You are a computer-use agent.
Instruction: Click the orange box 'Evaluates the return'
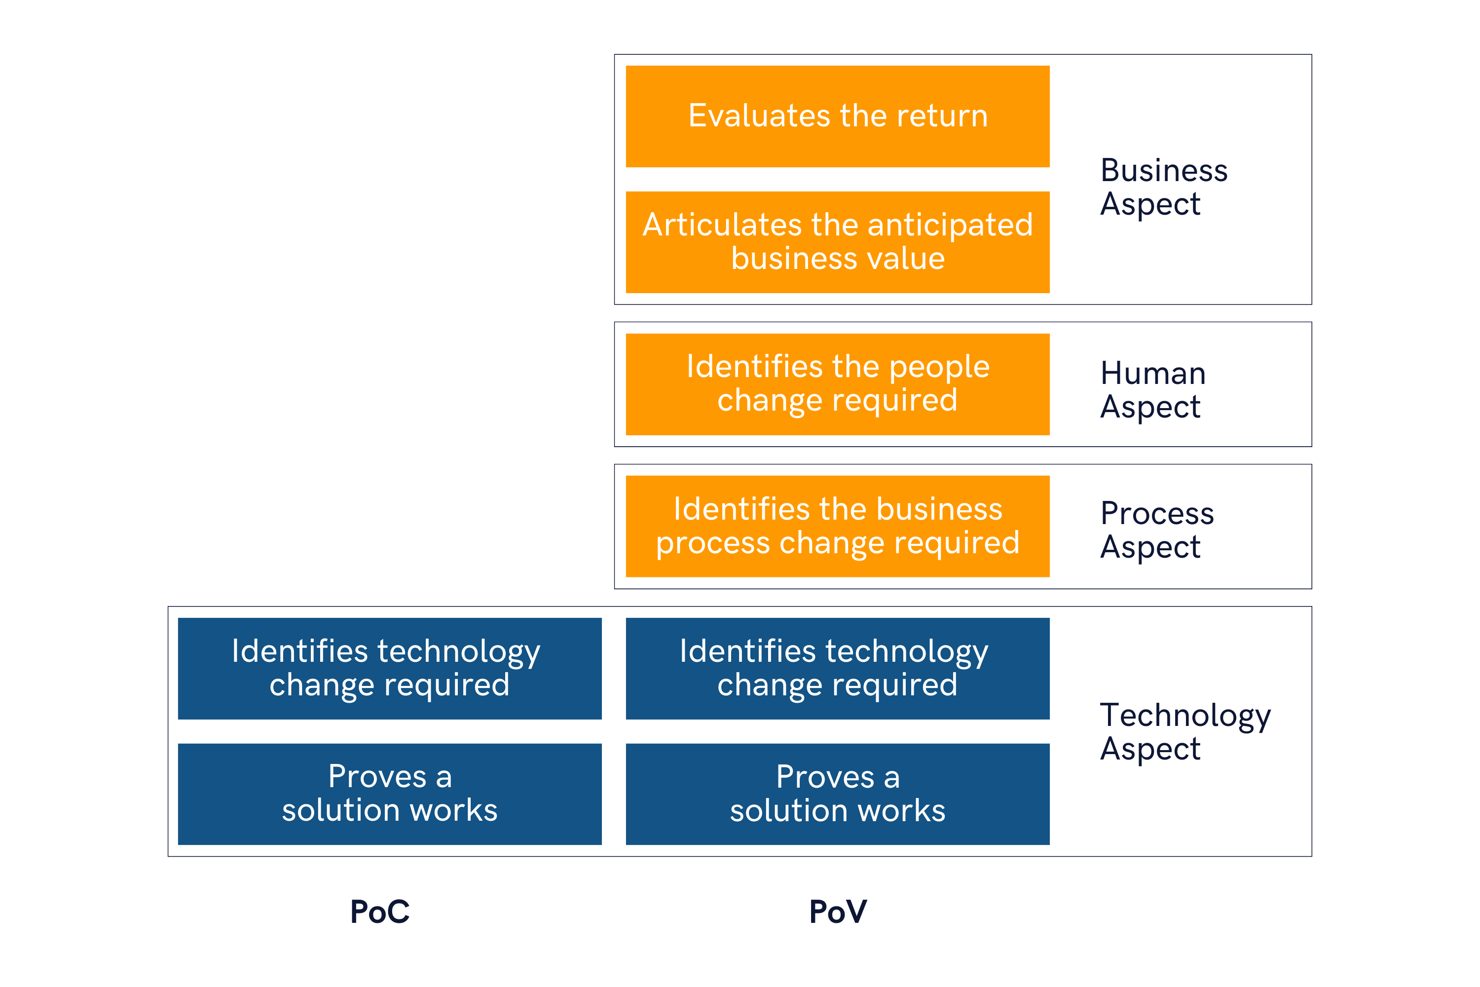[x=838, y=116]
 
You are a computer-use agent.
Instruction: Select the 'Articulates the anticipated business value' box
[x=838, y=242]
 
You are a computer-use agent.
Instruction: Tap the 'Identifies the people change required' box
[x=838, y=384]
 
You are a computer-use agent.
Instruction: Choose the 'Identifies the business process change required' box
[x=838, y=526]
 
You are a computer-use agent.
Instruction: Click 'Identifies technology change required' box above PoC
[x=390, y=669]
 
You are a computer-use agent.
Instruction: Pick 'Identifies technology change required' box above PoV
[x=838, y=669]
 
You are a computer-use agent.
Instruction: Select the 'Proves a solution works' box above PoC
[x=390, y=795]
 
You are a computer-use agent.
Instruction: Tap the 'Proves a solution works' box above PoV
[x=838, y=795]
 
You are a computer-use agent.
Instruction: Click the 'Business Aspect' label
[x=1163, y=187]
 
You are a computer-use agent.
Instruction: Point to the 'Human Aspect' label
[x=1153, y=390]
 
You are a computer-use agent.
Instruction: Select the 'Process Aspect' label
[x=1156, y=530]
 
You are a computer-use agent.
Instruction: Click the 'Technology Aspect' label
[x=1185, y=732]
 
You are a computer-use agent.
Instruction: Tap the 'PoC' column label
[x=380, y=911]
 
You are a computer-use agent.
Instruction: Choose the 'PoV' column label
[x=838, y=911]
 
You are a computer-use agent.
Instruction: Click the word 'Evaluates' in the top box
[x=760, y=116]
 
